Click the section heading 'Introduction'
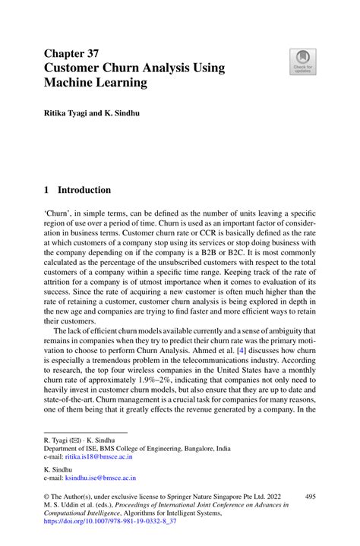(84, 190)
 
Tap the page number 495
(310, 496)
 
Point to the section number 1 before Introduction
(47, 190)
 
